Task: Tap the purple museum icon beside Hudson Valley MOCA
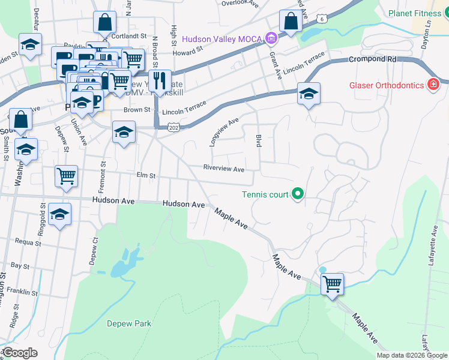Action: [271, 40]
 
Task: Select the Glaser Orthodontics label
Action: [386, 85]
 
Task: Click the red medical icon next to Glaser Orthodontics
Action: [432, 85]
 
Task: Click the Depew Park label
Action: [129, 323]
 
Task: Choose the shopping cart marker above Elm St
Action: [66, 176]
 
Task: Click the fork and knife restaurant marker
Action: [160, 80]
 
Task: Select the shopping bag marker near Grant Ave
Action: [291, 22]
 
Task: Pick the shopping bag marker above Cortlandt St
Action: [104, 22]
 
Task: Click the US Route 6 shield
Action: [323, 20]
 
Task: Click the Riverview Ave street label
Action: [224, 169]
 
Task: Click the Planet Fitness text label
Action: [414, 13]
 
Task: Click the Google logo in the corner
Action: [20, 353]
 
